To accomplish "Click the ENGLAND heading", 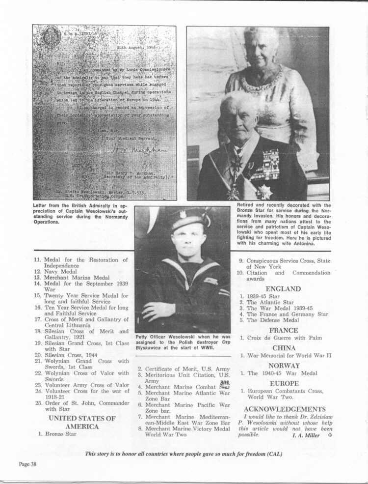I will coord(283,289).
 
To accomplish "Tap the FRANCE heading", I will coord(283,330).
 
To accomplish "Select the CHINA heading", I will coord(283,348).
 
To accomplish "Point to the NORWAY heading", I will coord(284,366).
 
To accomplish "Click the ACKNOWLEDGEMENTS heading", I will coord(285,409).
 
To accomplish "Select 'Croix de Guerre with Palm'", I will coord(281,338).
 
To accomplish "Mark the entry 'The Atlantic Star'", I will coord(269,302).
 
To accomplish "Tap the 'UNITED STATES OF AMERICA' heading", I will coord(82,423).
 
